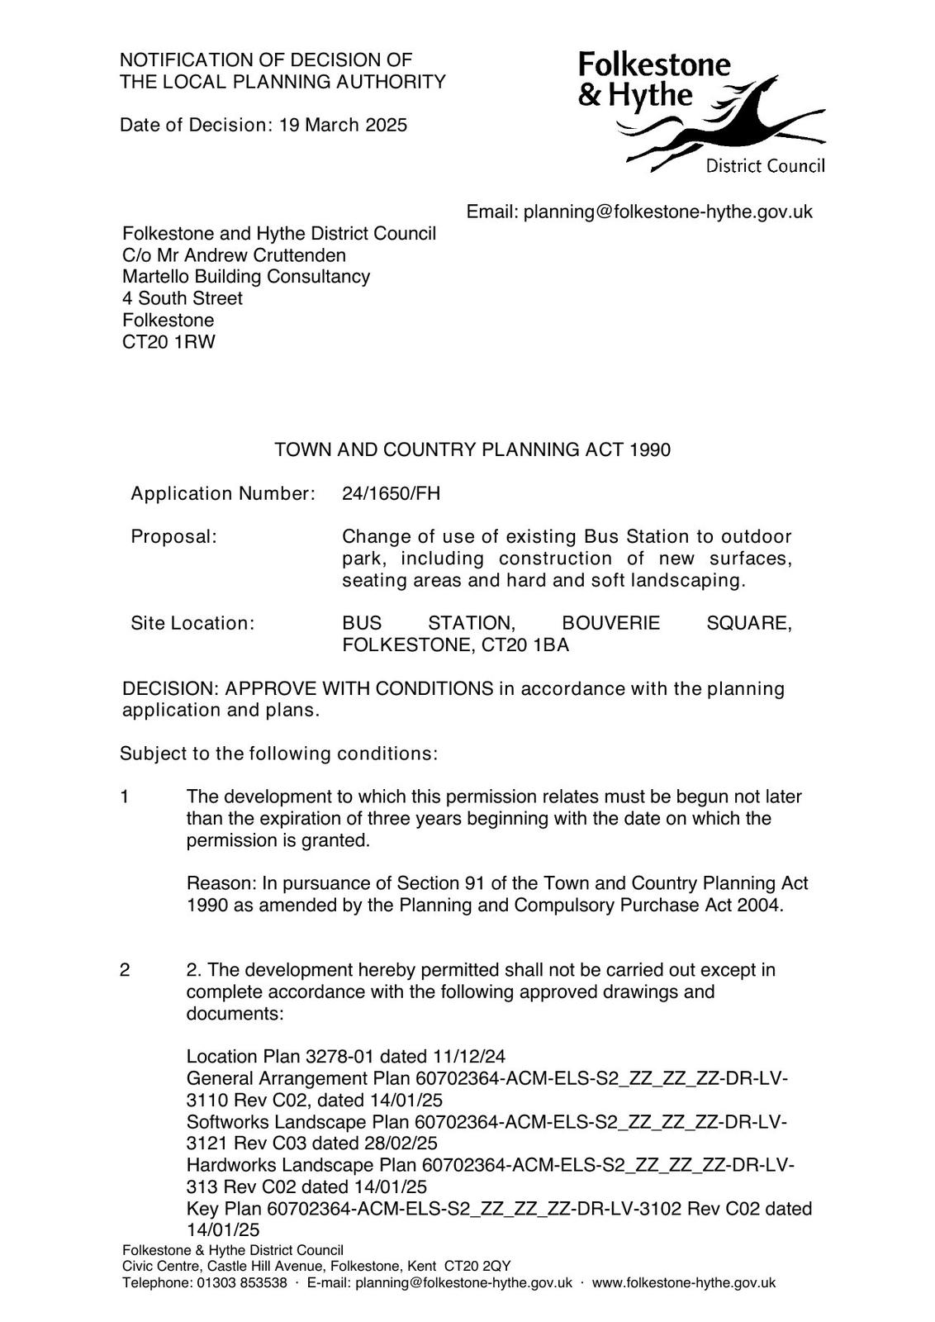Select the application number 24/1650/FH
391,494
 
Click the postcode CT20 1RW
168,341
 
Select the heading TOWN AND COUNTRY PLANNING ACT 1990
472,449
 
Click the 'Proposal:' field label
173,537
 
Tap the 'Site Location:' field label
192,623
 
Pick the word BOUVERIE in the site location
610,623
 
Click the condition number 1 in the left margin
125,797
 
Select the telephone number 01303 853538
241,1282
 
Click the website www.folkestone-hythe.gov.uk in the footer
683,1282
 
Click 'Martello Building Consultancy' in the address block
246,277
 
